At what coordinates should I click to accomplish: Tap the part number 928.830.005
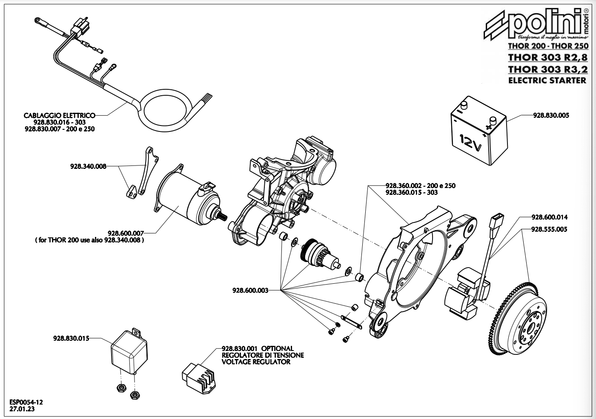click(551, 115)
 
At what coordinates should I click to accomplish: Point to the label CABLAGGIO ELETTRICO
click(59, 115)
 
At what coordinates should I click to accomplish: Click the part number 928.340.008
click(88, 166)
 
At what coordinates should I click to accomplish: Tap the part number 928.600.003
click(250, 290)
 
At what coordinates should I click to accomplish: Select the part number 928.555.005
click(549, 229)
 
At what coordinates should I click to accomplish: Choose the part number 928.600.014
click(550, 217)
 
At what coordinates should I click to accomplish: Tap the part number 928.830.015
click(71, 339)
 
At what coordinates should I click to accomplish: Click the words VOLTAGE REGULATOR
click(256, 362)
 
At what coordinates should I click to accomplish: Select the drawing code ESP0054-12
click(26, 402)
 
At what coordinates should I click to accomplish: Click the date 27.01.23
click(22, 409)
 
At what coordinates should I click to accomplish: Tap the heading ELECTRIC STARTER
click(547, 80)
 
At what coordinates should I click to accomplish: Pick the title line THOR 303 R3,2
click(548, 69)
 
